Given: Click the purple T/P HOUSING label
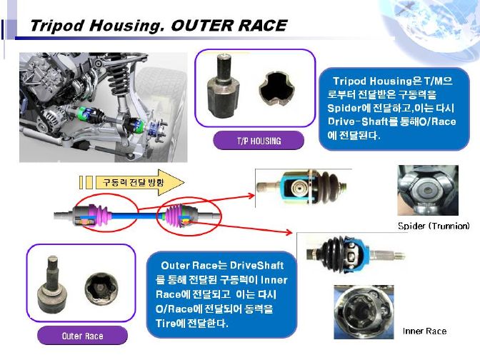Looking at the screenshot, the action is (259, 141).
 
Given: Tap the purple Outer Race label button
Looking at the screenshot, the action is (82, 336).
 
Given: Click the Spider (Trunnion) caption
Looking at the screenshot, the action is (434, 226).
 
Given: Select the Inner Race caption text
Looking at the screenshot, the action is (424, 331).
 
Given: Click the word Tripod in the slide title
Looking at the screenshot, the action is (57, 26).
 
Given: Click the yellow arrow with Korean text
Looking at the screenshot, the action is (139, 182).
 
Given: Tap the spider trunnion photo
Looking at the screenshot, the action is (428, 191).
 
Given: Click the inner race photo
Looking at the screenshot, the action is (364, 312).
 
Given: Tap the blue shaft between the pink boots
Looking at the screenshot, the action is (135, 216).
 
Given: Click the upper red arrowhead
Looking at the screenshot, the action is (251, 196).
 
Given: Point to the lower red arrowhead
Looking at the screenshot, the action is (289, 232).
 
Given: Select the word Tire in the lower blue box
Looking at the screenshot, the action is (165, 324).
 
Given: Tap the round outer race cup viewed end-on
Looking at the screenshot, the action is (101, 289).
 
